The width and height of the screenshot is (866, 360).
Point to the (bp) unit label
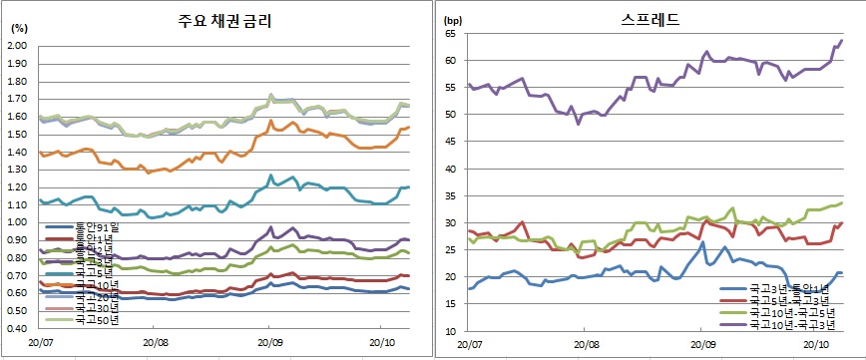pos(453,20)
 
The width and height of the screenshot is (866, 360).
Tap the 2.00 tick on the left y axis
pos(18,45)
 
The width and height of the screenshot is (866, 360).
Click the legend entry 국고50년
pos(96,321)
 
